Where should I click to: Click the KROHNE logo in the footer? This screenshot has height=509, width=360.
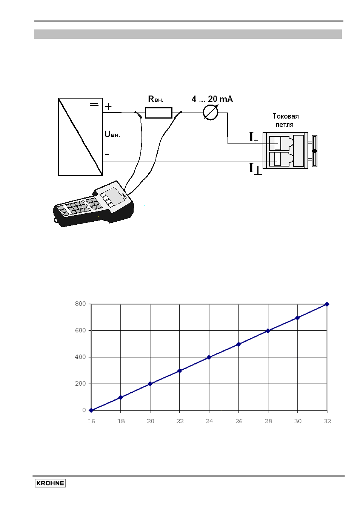pyautogui.click(x=50, y=483)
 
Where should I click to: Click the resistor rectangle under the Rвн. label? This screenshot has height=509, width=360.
pyautogui.click(x=158, y=113)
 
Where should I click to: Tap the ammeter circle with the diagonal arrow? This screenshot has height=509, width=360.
pyautogui.click(x=211, y=113)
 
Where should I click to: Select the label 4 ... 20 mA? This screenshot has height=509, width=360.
pyautogui.click(x=212, y=99)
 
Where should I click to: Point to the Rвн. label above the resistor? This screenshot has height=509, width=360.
pyautogui.click(x=155, y=99)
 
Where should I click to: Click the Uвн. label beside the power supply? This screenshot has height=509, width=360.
pyautogui.click(x=112, y=134)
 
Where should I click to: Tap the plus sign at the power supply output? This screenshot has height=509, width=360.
pyautogui.click(x=108, y=106)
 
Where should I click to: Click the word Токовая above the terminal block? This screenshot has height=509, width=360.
pyautogui.click(x=286, y=116)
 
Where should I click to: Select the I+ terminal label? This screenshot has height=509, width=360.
pyautogui.click(x=254, y=137)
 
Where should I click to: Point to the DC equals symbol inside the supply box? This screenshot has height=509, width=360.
pyautogui.click(x=94, y=105)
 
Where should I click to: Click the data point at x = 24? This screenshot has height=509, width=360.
pyautogui.click(x=209, y=358)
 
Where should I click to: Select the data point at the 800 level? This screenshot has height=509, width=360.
pyautogui.click(x=327, y=304)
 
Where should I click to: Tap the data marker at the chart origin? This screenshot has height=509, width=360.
pyautogui.click(x=91, y=410)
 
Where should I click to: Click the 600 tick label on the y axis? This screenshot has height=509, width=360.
pyautogui.click(x=80, y=330)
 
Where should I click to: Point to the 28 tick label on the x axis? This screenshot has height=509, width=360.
pyautogui.click(x=268, y=421)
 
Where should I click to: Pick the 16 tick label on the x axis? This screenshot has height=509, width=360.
pyautogui.click(x=92, y=421)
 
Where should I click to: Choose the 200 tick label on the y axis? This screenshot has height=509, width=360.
pyautogui.click(x=80, y=384)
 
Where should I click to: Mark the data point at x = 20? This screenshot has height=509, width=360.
pyautogui.click(x=150, y=384)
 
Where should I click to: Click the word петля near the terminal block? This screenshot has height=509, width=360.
pyautogui.click(x=285, y=125)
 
